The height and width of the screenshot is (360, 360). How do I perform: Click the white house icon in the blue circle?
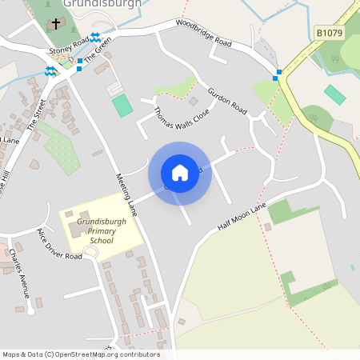(180, 173)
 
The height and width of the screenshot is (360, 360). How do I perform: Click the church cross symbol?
(55, 24)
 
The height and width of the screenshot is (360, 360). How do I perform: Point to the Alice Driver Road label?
(58, 245)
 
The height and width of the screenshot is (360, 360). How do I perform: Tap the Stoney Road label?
(68, 49)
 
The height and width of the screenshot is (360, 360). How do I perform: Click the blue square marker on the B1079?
(278, 77)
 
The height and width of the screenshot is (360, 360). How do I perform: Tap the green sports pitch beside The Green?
(122, 105)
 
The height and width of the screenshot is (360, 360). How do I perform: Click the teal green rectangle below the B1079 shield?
(335, 94)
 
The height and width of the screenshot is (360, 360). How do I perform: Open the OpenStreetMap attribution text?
(81, 354)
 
